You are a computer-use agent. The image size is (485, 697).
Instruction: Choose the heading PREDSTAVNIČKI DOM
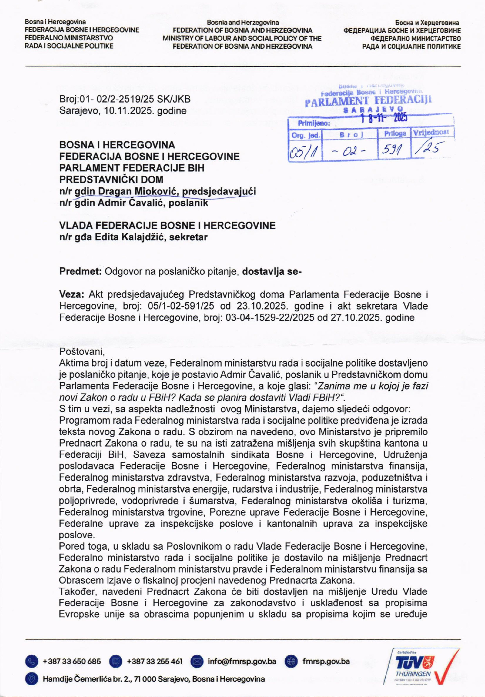tap(111, 179)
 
